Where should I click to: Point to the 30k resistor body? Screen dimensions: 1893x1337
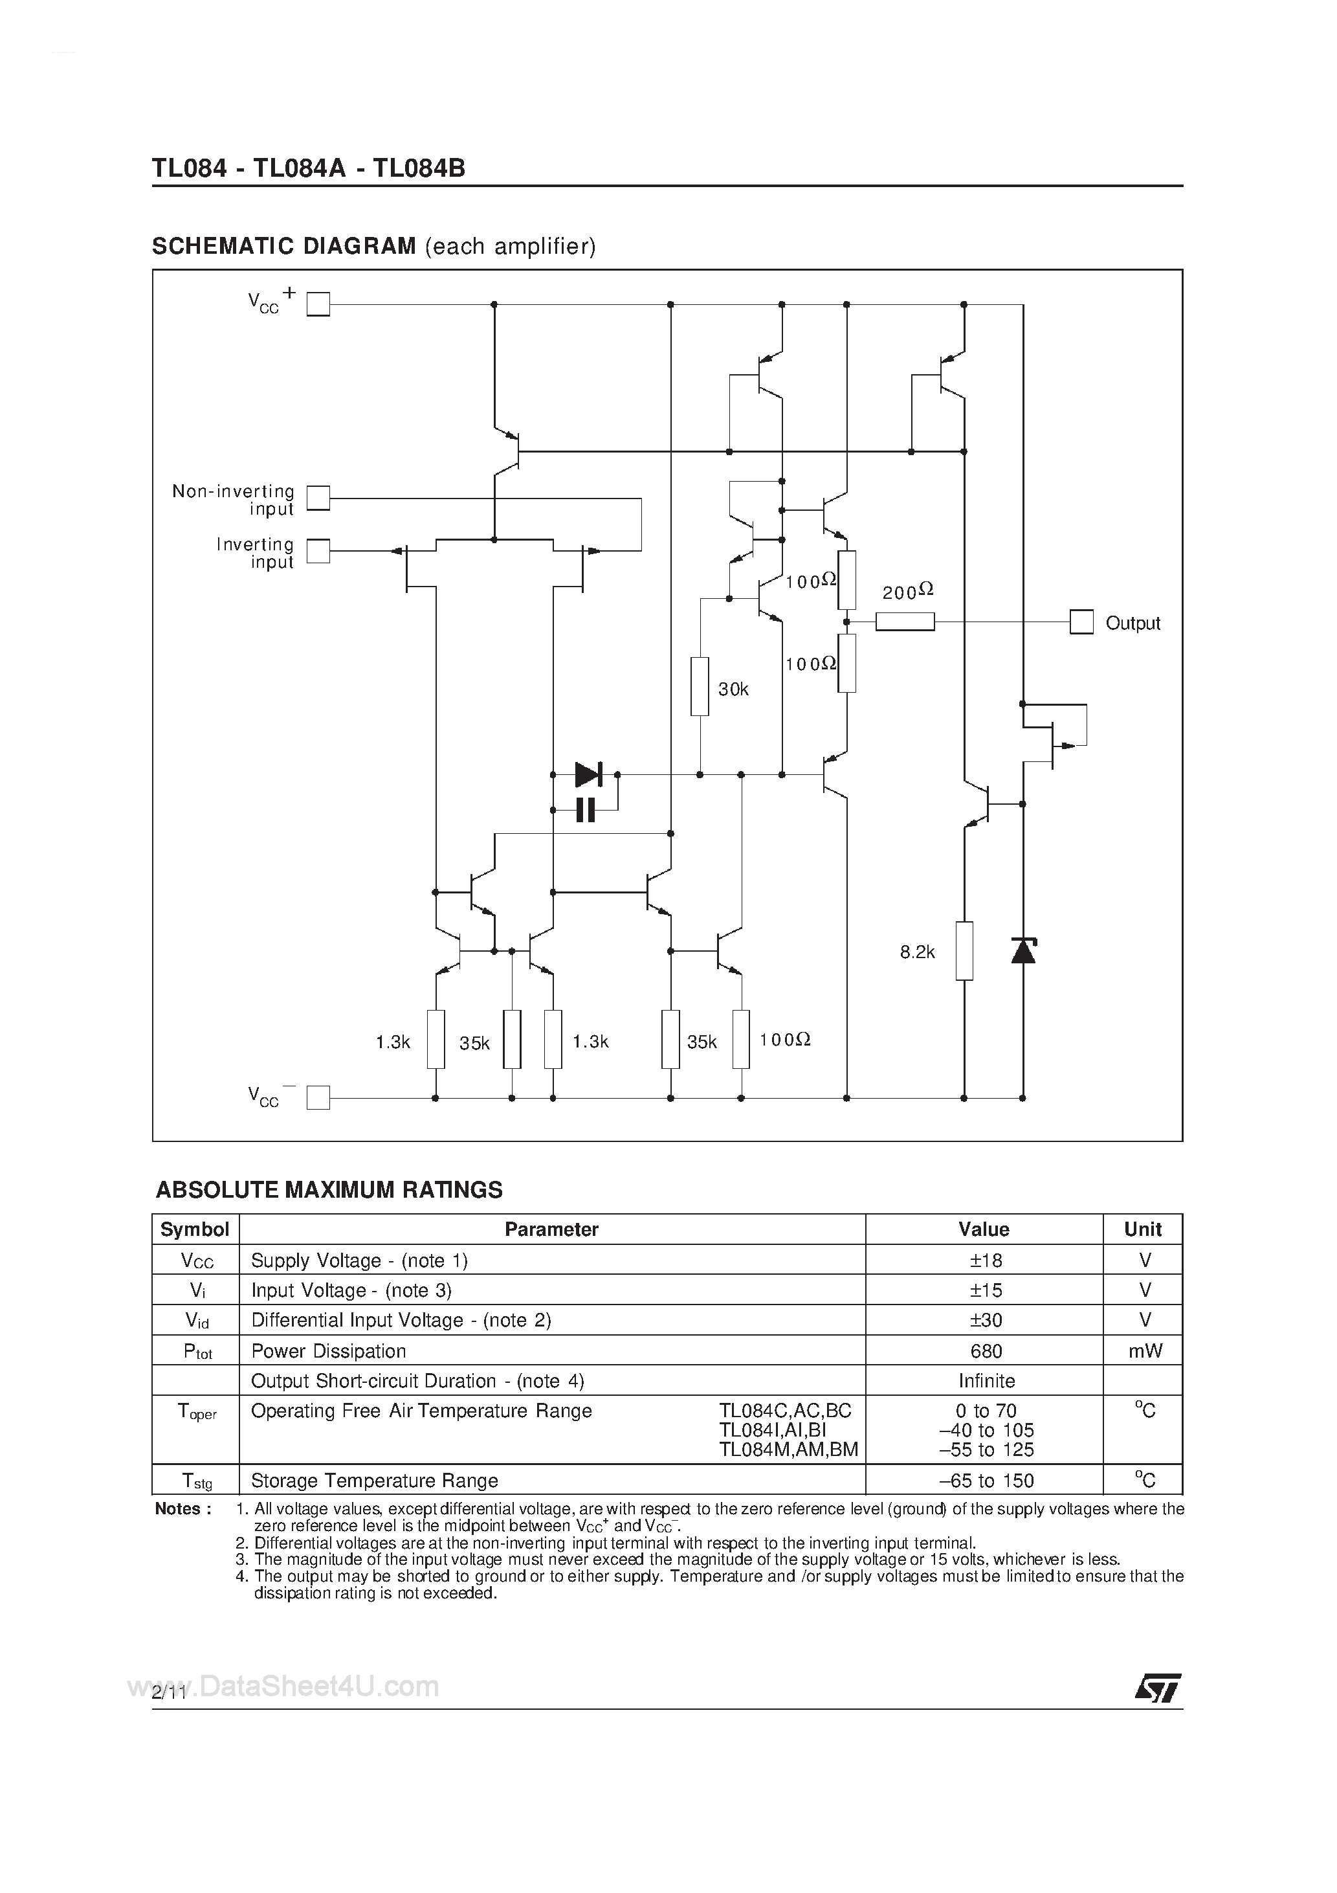pos(699,686)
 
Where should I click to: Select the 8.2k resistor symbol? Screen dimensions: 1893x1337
pos(964,950)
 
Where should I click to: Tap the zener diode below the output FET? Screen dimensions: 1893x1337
pos(1023,950)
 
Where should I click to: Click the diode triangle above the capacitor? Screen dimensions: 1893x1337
pos(588,774)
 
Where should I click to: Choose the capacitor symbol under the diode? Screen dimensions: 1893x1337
pos(585,811)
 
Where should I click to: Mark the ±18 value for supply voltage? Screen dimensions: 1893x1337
pos(985,1260)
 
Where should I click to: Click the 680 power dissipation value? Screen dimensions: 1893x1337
pos(985,1351)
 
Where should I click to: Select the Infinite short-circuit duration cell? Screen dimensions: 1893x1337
pos(986,1381)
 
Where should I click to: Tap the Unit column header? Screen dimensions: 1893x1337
pos(1142,1229)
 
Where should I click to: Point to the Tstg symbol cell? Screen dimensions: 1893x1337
pos(196,1482)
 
